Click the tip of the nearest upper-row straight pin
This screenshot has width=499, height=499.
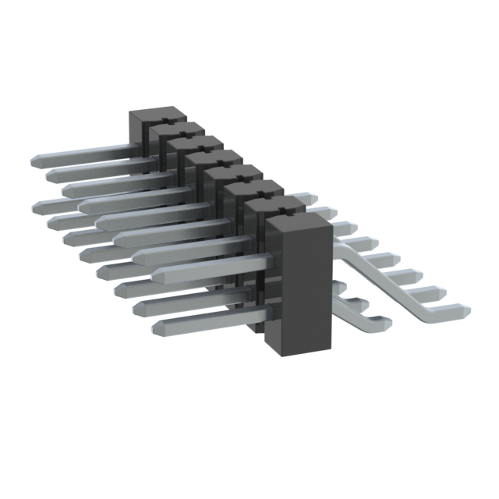(158, 275)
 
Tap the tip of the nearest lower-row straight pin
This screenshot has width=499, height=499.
(158, 326)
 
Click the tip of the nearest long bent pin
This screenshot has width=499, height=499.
(463, 311)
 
